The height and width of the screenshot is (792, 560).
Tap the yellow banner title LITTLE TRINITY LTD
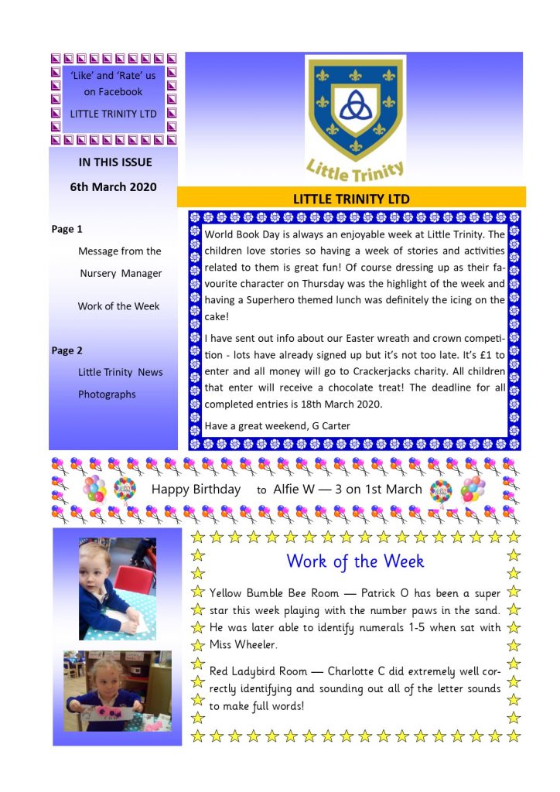tap(351, 199)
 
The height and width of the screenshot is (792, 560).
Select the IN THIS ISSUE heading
tap(115, 162)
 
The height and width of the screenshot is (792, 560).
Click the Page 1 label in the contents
tap(67, 229)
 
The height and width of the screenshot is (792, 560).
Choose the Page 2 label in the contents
tap(67, 350)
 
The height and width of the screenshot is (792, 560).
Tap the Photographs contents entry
tap(107, 394)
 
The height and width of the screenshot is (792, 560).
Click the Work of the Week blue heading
tap(355, 561)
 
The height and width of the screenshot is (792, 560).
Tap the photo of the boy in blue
tap(118, 589)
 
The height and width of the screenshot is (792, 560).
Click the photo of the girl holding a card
tap(118, 691)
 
